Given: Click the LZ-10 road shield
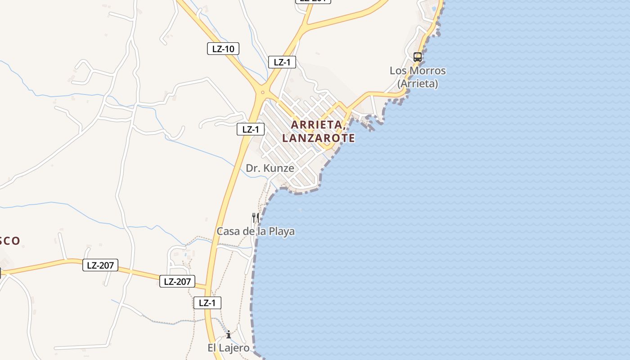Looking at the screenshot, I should pyautogui.click(x=223, y=49).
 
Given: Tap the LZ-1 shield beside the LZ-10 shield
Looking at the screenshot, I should pyautogui.click(x=282, y=62).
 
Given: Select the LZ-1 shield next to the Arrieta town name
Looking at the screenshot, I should pyautogui.click(x=251, y=130).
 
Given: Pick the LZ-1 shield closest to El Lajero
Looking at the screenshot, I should pyautogui.click(x=207, y=303).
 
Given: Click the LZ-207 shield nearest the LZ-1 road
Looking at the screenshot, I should pyautogui.click(x=177, y=282).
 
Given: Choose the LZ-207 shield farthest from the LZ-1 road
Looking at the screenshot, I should pyautogui.click(x=100, y=265).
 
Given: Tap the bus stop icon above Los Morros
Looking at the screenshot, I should pyautogui.click(x=418, y=57).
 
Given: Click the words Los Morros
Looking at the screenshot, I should pyautogui.click(x=418, y=71).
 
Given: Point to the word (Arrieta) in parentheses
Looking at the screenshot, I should pyautogui.click(x=418, y=84).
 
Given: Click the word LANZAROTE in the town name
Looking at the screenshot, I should pyautogui.click(x=319, y=138).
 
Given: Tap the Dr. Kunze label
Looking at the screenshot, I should pyautogui.click(x=270, y=168).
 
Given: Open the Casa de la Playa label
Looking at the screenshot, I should pyautogui.click(x=256, y=231).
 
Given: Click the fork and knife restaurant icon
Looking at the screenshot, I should pyautogui.click(x=255, y=218).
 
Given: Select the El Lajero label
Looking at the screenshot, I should pyautogui.click(x=228, y=348).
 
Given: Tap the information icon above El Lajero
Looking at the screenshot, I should pyautogui.click(x=229, y=334).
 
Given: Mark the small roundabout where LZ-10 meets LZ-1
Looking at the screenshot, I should pyautogui.click(x=262, y=93).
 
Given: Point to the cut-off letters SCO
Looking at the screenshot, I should pyautogui.click(x=10, y=241).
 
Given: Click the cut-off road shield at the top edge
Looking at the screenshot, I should pyautogui.click(x=313, y=1).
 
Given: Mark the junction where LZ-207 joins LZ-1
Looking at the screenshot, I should pyautogui.click(x=208, y=288).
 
